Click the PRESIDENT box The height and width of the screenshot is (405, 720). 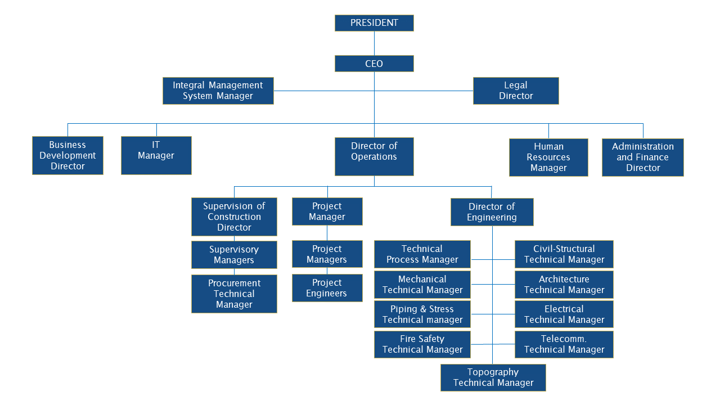click(374, 23)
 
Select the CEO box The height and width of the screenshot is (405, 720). click(374, 64)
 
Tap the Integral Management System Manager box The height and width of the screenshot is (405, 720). click(218, 91)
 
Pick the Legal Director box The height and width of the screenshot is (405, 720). click(516, 91)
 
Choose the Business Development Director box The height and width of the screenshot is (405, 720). click(67, 155)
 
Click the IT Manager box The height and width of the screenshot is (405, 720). click(156, 155)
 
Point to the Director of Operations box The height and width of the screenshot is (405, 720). click(374, 156)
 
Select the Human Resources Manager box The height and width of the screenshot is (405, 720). click(548, 157)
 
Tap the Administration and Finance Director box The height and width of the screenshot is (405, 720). click(642, 157)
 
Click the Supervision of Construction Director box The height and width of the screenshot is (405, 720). click(234, 217)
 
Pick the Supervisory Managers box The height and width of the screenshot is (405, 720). click(234, 255)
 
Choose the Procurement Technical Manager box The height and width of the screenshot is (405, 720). click(234, 294)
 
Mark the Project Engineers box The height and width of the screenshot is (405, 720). click(327, 288)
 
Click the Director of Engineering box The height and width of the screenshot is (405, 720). click(492, 212)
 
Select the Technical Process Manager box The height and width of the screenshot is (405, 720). click(422, 254)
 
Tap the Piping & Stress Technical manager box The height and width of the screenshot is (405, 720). click(422, 314)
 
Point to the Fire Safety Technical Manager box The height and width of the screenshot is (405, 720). click(422, 344)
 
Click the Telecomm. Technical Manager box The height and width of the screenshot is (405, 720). click(564, 344)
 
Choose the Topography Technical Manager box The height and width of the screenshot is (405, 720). click(493, 377)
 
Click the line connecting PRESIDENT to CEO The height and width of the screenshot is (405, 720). click(374, 43)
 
